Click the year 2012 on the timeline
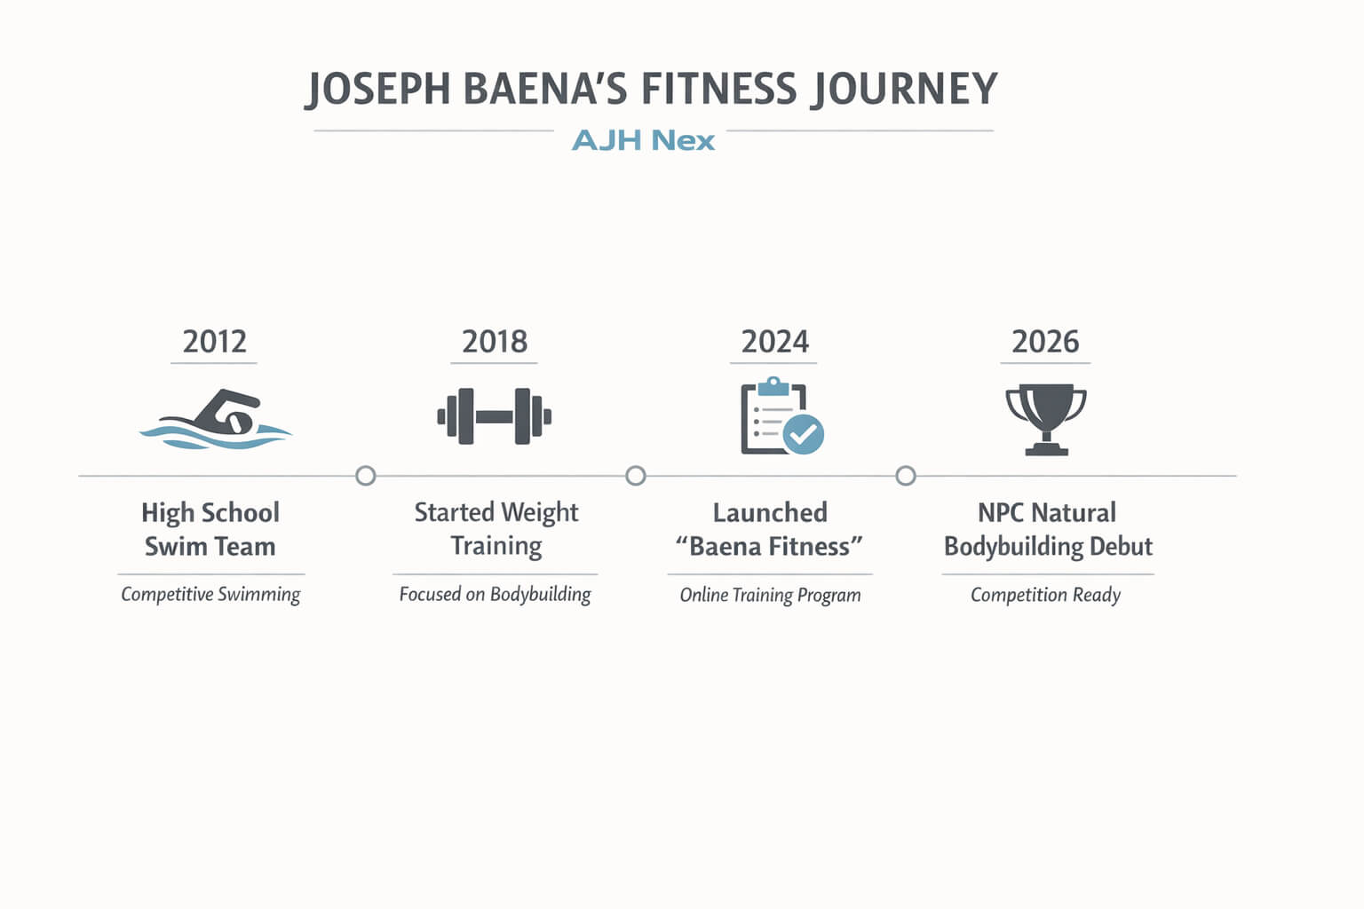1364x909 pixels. (214, 342)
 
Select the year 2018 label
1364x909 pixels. (495, 342)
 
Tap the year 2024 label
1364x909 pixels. (774, 342)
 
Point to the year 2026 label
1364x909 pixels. (1045, 342)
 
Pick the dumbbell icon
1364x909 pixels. (495, 416)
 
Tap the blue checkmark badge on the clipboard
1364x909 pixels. (804, 434)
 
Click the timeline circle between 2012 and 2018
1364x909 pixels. (365, 476)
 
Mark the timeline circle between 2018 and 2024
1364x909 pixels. (636, 476)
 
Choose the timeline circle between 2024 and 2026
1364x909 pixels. (906, 476)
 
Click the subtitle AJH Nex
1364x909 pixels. (643, 140)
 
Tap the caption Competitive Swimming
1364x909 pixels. (210, 595)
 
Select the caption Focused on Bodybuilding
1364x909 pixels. (495, 595)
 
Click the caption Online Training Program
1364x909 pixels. (770, 595)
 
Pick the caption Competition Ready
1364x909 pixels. (1045, 595)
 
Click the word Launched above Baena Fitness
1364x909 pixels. (770, 513)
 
